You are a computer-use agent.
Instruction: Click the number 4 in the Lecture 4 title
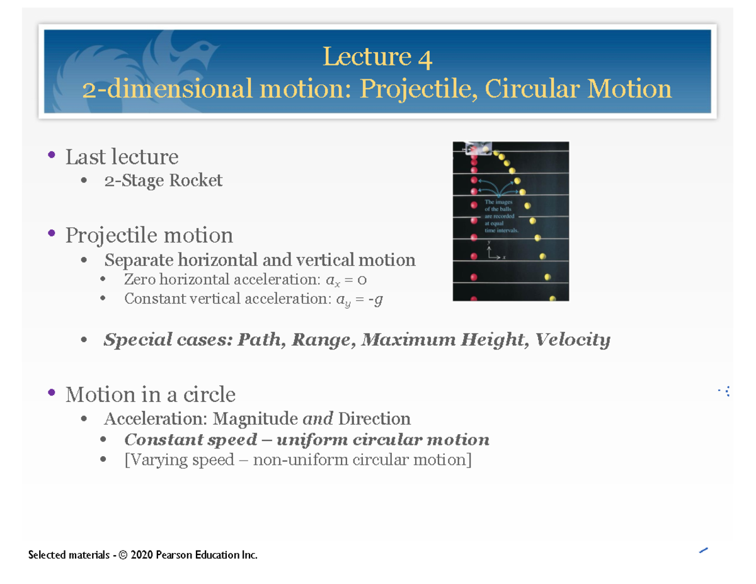click(425, 58)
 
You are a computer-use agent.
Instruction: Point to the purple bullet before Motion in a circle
click(51, 394)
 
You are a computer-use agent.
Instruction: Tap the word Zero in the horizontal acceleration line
click(139, 280)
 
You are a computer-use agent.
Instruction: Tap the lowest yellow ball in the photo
click(553, 300)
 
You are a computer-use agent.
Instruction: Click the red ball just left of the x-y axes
click(474, 256)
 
